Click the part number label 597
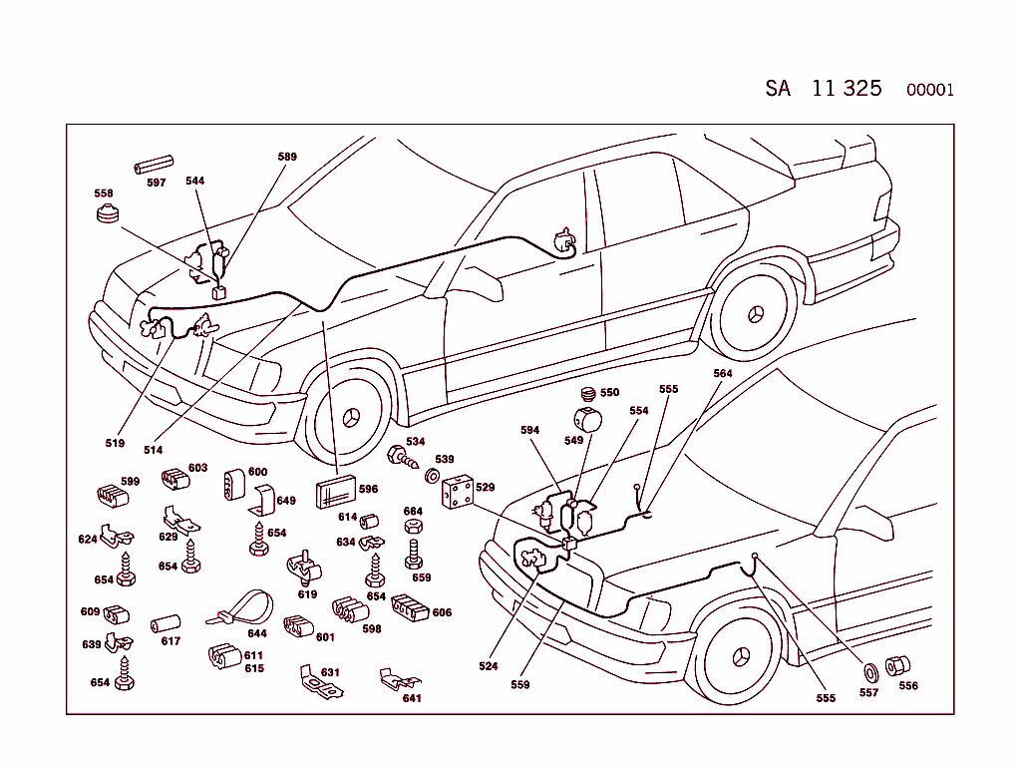pos(156,183)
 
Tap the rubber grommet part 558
pos(107,214)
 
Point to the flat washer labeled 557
pos(868,667)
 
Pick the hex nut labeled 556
pos(896,665)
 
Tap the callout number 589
pos(287,157)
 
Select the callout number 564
pos(723,373)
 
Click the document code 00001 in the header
pos(929,90)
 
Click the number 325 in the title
pos(861,88)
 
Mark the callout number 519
pos(115,443)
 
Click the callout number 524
pos(488,666)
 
